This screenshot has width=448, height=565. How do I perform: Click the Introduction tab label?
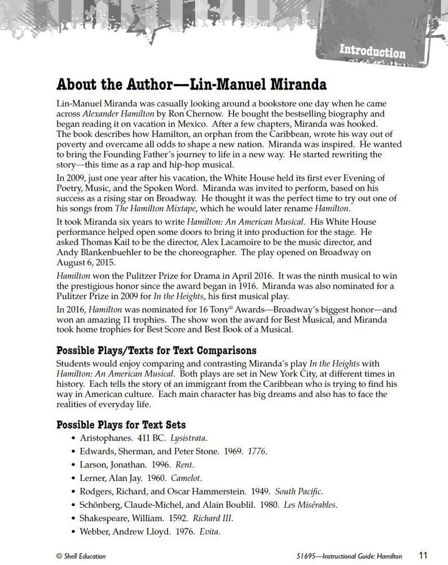pyautogui.click(x=372, y=53)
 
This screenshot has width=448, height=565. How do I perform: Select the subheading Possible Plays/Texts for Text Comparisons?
pyautogui.click(x=157, y=351)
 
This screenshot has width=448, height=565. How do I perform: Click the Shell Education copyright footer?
pyautogui.click(x=81, y=555)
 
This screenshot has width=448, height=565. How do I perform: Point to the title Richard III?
pyautogui.click(x=213, y=518)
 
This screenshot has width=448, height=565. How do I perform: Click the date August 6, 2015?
pyautogui.click(x=86, y=262)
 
